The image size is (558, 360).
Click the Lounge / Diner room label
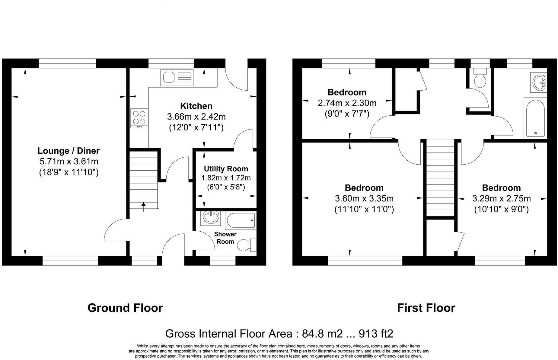click(69, 151)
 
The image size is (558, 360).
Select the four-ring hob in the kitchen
click(139, 118)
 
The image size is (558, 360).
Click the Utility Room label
click(226, 169)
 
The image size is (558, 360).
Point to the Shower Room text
click(225, 238)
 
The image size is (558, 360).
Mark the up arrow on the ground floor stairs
click(144, 206)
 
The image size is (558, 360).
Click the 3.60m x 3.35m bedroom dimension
click(364, 199)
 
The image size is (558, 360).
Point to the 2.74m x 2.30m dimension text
click(347, 103)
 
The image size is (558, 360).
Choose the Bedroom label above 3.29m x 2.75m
click(501, 188)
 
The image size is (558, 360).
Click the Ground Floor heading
click(125, 308)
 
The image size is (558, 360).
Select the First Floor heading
click(426, 308)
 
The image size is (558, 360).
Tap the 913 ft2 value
click(376, 334)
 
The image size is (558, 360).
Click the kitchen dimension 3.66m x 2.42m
click(196, 117)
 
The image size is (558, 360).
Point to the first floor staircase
click(440, 178)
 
